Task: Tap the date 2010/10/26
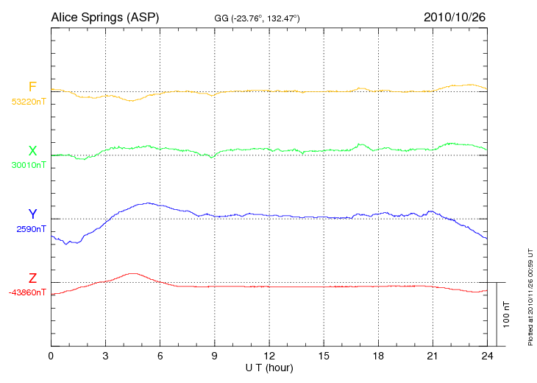pos(455,16)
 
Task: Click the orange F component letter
pos(32,88)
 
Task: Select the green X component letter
pos(32,152)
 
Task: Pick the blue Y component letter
pos(32,214)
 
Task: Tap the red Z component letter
pos(32,278)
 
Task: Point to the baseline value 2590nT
pos(32,229)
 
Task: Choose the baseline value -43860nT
pos(28,292)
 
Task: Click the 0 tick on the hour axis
pos(51,356)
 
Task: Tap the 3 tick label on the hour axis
pos(105,356)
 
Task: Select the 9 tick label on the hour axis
pos(215,356)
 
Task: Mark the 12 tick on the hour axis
pos(269,356)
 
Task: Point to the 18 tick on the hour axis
pos(378,356)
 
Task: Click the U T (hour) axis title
pos(269,367)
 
